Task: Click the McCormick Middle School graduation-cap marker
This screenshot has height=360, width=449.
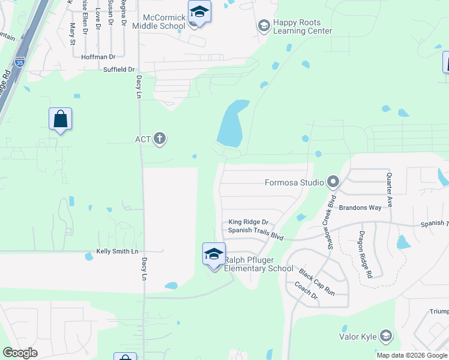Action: [199, 12]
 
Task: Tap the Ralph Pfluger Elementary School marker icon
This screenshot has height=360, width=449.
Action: [214, 254]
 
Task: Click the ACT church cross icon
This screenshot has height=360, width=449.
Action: [160, 139]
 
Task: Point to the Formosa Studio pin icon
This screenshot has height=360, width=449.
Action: [333, 182]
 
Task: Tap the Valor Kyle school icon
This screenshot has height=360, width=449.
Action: [386, 336]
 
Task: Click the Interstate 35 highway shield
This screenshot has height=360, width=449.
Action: [20, 61]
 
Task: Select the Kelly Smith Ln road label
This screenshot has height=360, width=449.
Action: [117, 251]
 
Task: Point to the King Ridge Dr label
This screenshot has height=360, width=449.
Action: [248, 222]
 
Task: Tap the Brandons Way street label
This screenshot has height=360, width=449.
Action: [360, 208]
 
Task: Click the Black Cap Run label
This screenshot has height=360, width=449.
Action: [316, 281]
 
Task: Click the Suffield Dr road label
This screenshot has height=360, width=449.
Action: [119, 70]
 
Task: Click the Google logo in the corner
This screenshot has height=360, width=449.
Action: [20, 353]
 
